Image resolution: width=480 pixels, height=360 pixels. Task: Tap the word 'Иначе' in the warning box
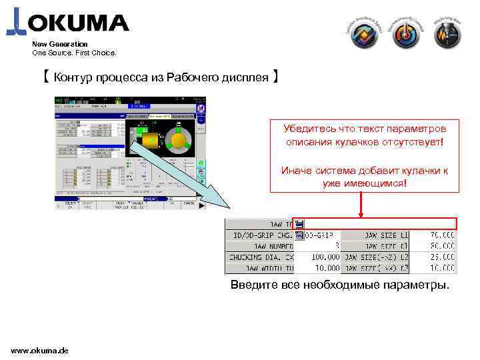[297, 170]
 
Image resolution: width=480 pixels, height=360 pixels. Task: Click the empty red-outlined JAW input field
[380, 224]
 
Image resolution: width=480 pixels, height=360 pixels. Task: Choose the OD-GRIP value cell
[322, 235]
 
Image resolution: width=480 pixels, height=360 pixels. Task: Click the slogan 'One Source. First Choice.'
[74, 52]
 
